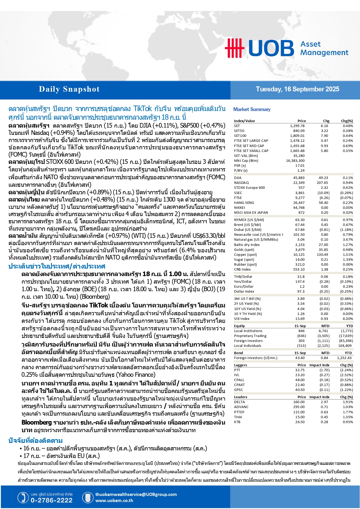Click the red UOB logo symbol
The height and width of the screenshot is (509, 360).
coord(234,48)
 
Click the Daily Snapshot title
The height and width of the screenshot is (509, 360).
coord(69,89)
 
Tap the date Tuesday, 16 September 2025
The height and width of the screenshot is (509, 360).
coord(297,89)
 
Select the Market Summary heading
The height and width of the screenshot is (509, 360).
coord(252,109)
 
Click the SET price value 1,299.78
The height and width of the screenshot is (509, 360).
coord(297,126)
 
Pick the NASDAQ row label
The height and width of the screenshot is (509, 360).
coord(241,183)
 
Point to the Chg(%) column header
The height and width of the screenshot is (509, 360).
coord(347,121)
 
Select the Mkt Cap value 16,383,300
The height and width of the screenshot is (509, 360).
coord(295,161)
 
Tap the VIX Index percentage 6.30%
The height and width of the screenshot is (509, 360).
coord(348,319)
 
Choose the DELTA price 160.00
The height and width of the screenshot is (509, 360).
coord(299,402)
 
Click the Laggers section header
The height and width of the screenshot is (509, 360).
coord(240,365)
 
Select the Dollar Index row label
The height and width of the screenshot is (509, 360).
coord(244,291)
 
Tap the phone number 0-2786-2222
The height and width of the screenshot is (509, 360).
coord(52,500)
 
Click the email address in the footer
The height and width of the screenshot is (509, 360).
coord(136,494)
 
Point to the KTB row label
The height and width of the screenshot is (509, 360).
coord(237,422)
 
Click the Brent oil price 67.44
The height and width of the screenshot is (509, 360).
coord(300,225)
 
